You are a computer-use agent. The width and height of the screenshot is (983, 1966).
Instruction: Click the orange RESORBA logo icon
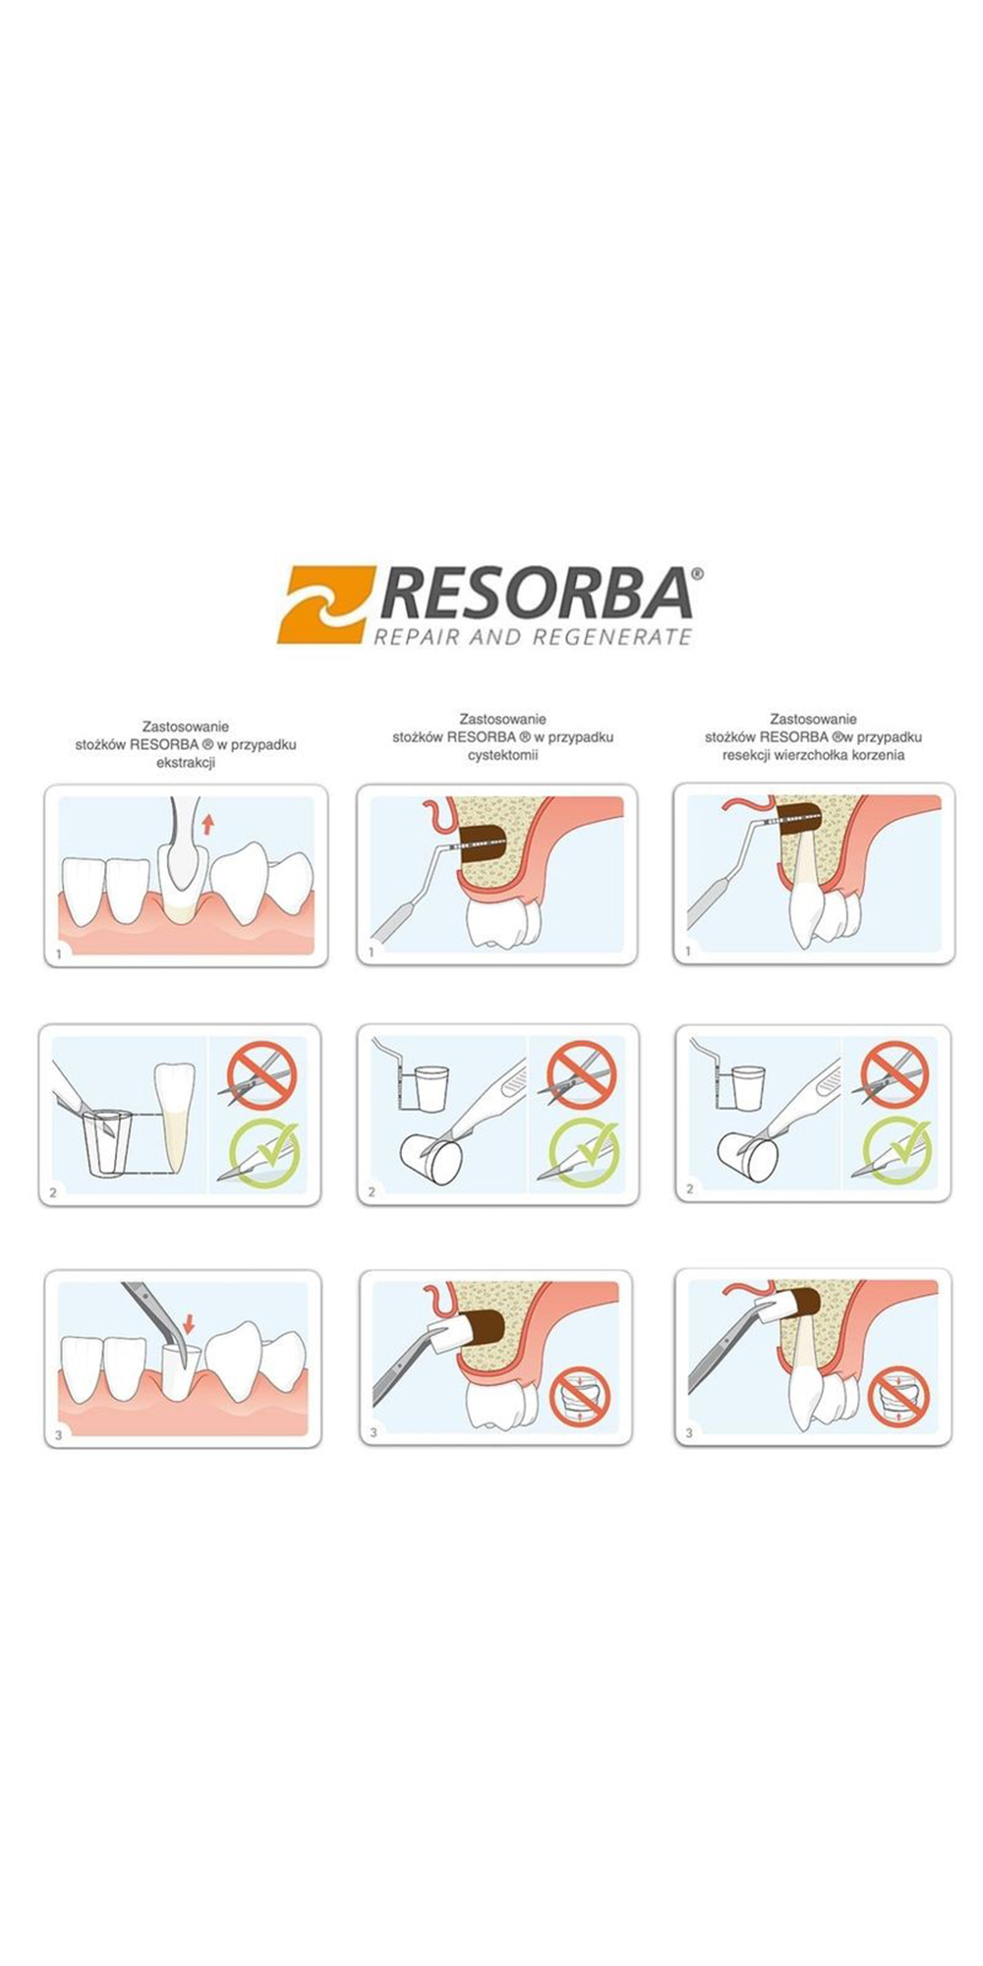pyautogui.click(x=325, y=604)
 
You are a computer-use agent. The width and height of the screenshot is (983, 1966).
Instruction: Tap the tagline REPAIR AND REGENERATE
pyautogui.click(x=533, y=636)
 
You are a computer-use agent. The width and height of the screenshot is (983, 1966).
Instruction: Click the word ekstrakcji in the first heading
pyautogui.click(x=186, y=763)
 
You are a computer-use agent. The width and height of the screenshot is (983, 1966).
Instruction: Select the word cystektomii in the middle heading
pyautogui.click(x=502, y=755)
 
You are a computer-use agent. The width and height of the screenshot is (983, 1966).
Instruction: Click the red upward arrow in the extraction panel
pyautogui.click(x=207, y=824)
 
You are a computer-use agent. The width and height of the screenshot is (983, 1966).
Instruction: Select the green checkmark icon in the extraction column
pyautogui.click(x=263, y=1153)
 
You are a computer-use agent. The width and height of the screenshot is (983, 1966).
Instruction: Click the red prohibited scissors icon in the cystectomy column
pyautogui.click(x=582, y=1074)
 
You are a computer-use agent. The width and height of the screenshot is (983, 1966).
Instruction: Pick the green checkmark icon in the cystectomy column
pyautogui.click(x=584, y=1152)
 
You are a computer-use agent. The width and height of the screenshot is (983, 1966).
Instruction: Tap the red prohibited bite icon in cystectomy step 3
pyautogui.click(x=580, y=1397)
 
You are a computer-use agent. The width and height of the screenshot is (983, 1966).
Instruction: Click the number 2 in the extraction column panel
pyautogui.click(x=53, y=1192)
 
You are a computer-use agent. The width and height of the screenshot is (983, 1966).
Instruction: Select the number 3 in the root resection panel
pyautogui.click(x=689, y=1433)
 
